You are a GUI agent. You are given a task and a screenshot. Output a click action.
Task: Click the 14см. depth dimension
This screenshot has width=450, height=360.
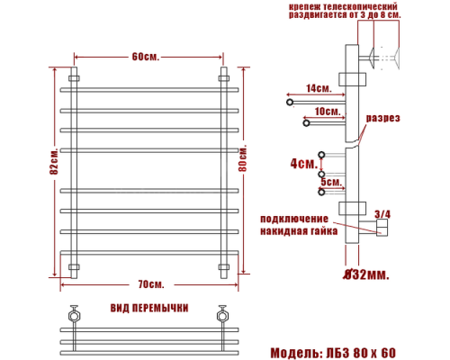(x=318, y=88)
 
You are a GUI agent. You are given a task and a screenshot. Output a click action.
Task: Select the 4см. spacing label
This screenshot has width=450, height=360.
(x=304, y=165)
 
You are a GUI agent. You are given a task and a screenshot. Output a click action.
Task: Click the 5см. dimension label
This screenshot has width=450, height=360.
(x=330, y=182)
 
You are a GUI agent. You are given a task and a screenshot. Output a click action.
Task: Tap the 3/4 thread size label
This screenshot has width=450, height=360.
(x=382, y=213)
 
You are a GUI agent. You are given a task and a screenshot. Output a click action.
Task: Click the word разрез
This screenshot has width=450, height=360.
(x=382, y=119)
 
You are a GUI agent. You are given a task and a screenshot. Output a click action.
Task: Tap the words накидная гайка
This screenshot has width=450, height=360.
(x=299, y=231)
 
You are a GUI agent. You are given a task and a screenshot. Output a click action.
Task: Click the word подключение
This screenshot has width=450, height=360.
(x=292, y=219)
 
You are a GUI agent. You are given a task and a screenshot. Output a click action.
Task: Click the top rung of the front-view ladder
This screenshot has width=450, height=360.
(x=150, y=89)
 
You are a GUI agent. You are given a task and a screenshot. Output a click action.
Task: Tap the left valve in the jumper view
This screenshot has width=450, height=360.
(x=73, y=317)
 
